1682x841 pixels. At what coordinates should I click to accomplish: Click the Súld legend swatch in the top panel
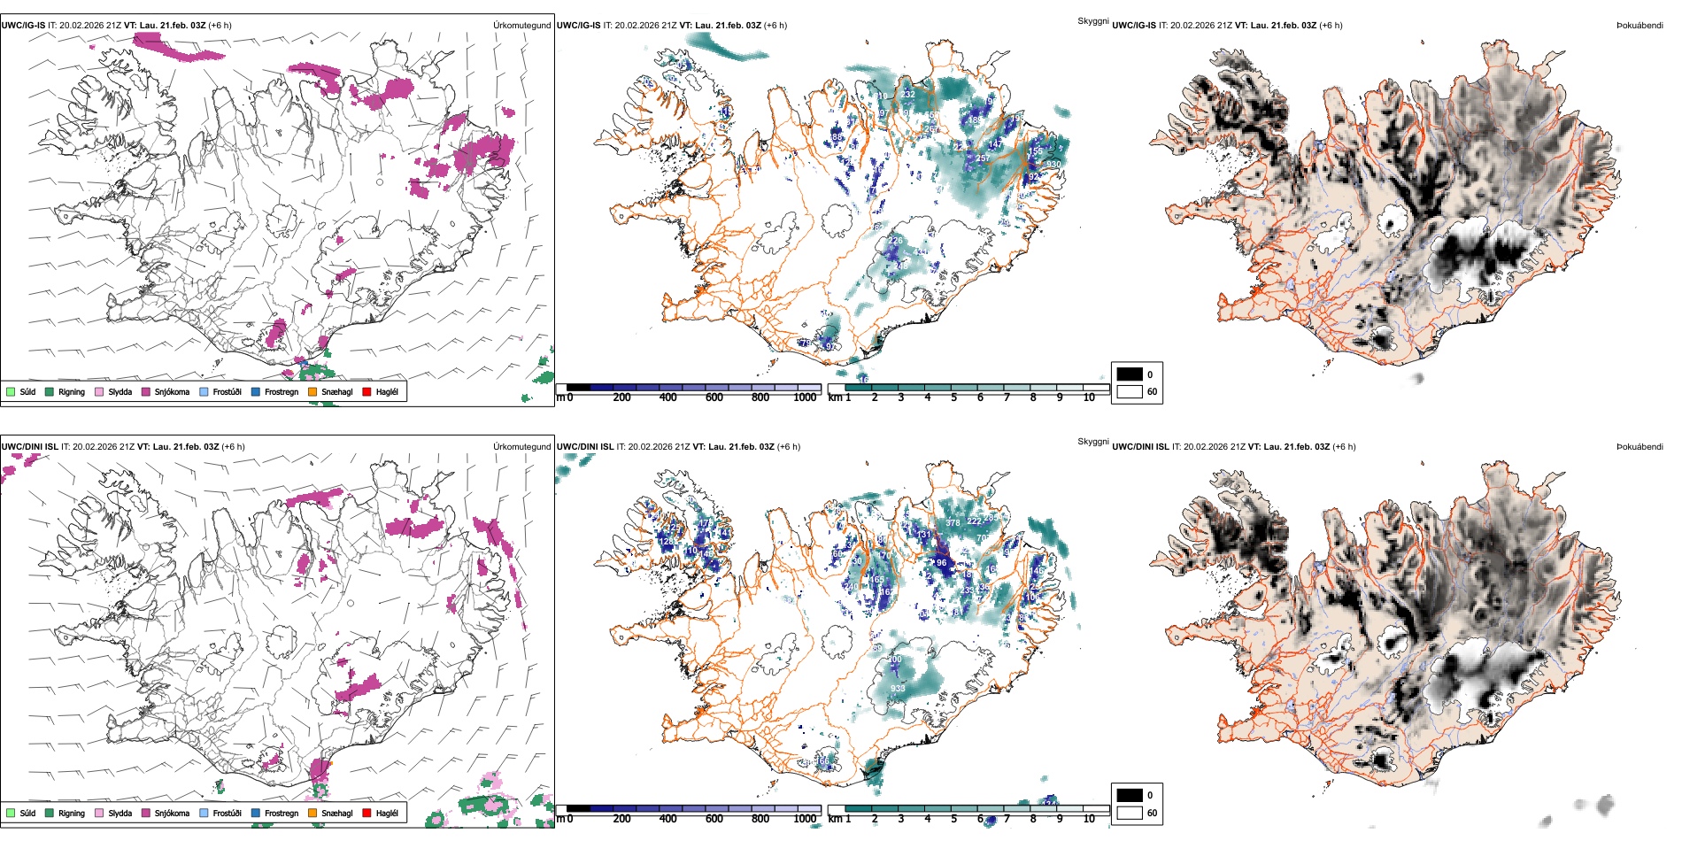click(11, 391)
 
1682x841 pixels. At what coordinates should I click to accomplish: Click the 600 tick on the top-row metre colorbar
click(714, 397)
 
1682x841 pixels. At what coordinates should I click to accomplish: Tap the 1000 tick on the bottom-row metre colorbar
click(805, 819)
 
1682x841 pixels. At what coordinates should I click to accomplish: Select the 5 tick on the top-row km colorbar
click(953, 397)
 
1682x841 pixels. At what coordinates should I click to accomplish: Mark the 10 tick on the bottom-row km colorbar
click(1089, 819)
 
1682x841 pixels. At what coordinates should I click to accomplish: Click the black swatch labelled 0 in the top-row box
click(1130, 374)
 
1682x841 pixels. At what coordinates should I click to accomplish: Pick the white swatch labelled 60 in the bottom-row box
click(1130, 813)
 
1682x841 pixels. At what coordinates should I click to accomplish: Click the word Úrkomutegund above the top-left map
click(521, 26)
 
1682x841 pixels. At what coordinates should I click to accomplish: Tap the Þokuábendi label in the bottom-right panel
click(1640, 447)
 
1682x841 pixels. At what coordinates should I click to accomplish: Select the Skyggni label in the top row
click(1092, 21)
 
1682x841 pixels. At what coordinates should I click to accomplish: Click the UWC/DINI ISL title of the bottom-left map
click(29, 447)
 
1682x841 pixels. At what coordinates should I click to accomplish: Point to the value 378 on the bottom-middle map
click(953, 523)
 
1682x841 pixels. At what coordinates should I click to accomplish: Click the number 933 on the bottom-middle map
click(898, 689)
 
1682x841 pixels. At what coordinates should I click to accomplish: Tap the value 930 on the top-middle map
click(1053, 165)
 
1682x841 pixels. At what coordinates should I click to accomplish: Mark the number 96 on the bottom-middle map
click(941, 563)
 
